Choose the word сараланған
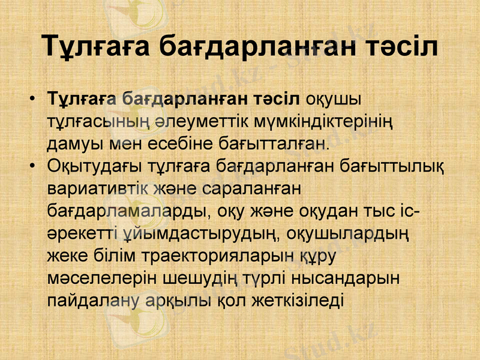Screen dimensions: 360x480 click(x=250, y=188)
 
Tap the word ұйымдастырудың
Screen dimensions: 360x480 click(x=199, y=233)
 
